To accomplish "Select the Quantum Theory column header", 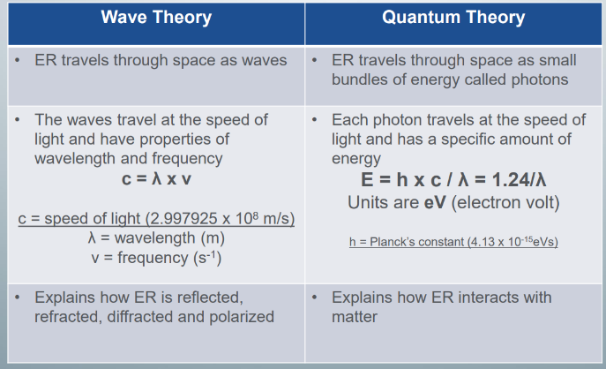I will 453,18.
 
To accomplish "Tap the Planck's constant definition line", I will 454,242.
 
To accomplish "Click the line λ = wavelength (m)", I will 155,238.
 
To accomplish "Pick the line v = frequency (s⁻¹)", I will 155,258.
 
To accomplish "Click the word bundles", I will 360,79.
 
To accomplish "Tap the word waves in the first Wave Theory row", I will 261,61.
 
